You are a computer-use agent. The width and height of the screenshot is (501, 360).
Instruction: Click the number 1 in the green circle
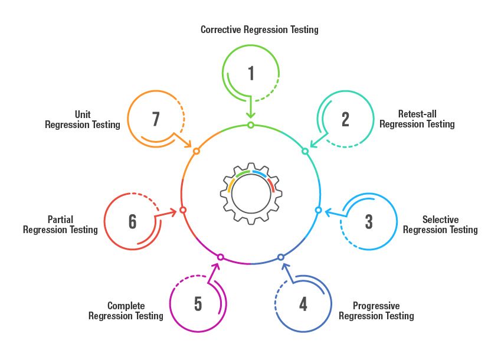(251, 73)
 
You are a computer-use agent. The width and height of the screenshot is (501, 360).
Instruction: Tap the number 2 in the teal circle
(345, 119)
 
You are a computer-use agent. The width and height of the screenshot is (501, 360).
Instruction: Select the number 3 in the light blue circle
(369, 222)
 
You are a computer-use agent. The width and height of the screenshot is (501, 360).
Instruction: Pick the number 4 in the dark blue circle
(303, 304)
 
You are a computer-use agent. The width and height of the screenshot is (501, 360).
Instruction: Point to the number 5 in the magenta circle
(198, 304)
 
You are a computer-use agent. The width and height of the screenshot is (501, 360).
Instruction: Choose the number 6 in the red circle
(132, 222)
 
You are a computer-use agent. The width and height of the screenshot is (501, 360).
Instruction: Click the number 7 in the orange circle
(156, 119)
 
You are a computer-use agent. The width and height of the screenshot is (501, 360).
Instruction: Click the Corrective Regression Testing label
(259, 30)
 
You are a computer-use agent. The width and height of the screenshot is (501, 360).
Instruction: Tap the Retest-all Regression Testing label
(417, 119)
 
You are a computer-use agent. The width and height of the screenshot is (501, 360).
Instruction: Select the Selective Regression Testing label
(440, 225)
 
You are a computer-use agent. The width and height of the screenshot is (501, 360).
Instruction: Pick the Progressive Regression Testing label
(376, 311)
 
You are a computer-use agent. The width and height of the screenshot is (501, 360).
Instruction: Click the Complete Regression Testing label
(126, 311)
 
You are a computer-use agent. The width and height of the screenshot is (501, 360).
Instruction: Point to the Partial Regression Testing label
(60, 225)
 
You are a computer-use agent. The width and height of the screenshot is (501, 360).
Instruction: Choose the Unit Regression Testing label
(83, 120)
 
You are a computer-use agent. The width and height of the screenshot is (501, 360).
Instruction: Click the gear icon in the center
(251, 193)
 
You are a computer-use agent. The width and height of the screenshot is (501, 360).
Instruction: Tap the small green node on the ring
(251, 125)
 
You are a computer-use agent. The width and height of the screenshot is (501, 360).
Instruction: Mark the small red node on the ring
(183, 210)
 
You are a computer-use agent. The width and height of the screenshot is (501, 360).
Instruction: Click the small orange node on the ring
(197, 151)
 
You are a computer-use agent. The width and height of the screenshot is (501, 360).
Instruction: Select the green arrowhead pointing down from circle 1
(251, 116)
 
